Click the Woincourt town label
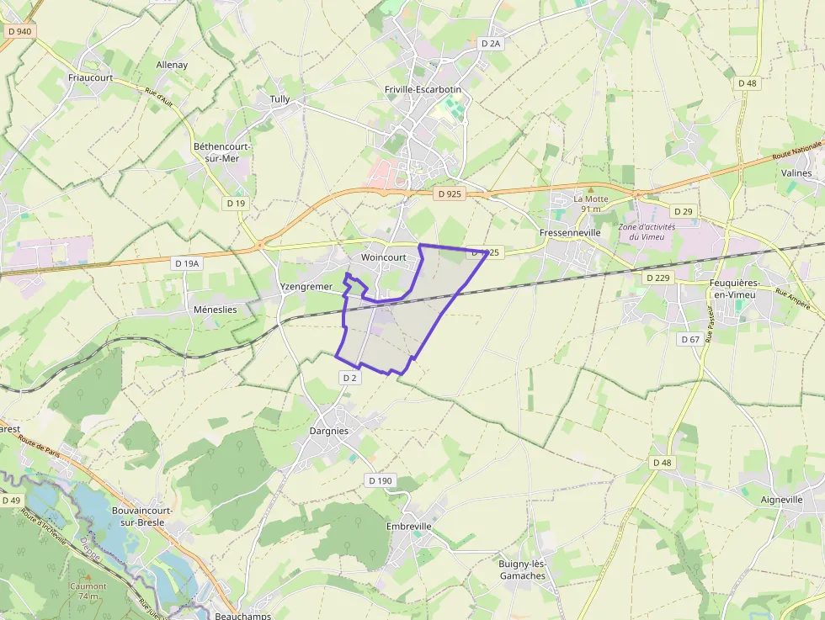(x=383, y=257)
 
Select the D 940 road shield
(x=18, y=31)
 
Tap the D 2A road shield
(x=491, y=43)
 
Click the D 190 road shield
(x=380, y=480)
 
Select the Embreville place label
(x=408, y=527)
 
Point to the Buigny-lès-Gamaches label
(x=522, y=570)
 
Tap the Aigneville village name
(x=781, y=500)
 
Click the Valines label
(x=796, y=173)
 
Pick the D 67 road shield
(x=689, y=339)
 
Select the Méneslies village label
(x=215, y=310)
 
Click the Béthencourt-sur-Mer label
(x=222, y=152)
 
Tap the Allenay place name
(x=172, y=65)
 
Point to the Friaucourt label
(x=90, y=77)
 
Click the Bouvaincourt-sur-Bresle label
(x=142, y=517)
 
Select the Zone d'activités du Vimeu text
(x=646, y=231)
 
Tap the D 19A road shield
(x=187, y=263)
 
